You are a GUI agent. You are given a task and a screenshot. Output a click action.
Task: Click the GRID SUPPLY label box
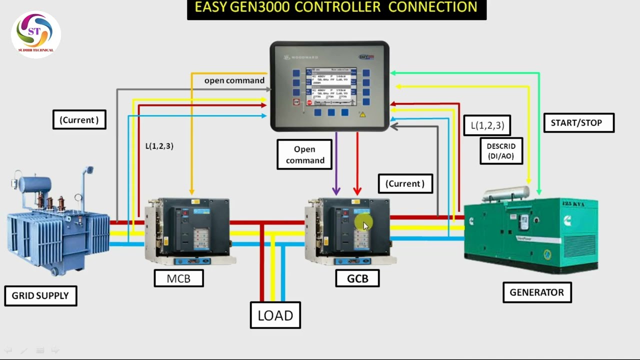(x=40, y=295)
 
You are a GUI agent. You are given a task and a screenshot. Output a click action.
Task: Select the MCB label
(x=178, y=278)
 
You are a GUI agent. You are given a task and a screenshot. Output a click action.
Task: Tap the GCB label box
(x=357, y=278)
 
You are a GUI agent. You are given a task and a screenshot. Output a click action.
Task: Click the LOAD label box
(x=275, y=315)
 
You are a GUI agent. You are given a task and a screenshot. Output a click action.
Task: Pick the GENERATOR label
(x=536, y=292)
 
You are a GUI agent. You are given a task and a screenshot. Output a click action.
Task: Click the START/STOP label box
(x=578, y=122)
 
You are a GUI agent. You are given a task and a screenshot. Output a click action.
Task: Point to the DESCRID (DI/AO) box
(x=500, y=151)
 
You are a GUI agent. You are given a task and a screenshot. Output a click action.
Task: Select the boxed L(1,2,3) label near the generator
(x=487, y=125)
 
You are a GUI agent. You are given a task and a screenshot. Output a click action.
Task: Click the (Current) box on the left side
(x=79, y=120)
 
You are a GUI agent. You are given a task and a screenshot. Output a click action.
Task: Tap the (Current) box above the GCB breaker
(x=405, y=183)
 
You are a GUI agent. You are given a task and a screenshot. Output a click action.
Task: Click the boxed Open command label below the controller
(x=304, y=154)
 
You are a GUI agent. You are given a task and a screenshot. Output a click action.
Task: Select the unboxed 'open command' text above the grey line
(x=234, y=80)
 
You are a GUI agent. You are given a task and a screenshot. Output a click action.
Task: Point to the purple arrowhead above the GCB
(x=336, y=190)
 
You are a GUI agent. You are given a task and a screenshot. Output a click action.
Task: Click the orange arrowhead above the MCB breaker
(x=191, y=191)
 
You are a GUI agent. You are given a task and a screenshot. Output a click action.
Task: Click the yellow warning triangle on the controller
(x=361, y=114)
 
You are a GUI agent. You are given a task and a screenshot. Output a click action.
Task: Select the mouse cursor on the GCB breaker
(x=365, y=226)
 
